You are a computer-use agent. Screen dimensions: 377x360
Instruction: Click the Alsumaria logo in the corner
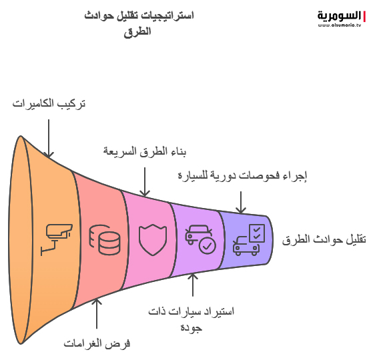click(x=342, y=19)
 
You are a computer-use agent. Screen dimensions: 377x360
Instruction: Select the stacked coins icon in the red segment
click(x=105, y=240)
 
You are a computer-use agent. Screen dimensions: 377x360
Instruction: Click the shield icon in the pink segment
click(x=153, y=240)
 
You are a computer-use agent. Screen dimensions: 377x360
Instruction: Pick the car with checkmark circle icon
click(x=201, y=239)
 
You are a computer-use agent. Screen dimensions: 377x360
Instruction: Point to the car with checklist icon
click(x=249, y=240)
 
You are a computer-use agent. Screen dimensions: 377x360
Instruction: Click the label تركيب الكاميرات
click(x=49, y=104)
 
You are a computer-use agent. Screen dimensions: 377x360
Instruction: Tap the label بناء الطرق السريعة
click(x=145, y=151)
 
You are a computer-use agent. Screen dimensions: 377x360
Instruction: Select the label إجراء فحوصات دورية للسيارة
click(x=242, y=175)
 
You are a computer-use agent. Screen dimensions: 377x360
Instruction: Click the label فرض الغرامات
click(x=97, y=343)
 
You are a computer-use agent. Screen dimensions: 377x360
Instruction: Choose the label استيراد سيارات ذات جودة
click(x=191, y=319)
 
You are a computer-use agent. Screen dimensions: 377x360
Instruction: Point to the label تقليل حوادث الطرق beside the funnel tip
click(x=324, y=240)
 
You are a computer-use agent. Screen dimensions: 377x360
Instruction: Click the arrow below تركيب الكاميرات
click(x=49, y=139)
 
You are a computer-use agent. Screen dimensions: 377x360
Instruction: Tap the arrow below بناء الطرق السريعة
click(x=145, y=182)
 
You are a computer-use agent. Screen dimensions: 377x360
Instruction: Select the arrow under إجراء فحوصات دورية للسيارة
click(x=241, y=202)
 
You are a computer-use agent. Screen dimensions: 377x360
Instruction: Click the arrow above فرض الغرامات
click(x=97, y=313)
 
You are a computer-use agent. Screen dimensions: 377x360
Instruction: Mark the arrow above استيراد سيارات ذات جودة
click(x=193, y=285)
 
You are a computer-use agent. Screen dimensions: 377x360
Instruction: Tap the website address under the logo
click(x=339, y=25)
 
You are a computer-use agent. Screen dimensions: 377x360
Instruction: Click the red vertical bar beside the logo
click(x=364, y=17)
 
